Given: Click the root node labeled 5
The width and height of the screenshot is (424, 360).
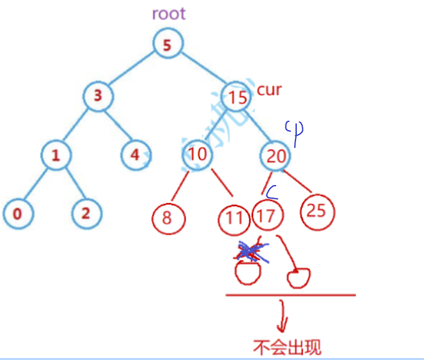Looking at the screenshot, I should point(167,45).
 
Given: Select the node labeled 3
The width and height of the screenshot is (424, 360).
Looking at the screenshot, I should point(98,95).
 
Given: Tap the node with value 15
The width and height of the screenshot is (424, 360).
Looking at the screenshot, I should point(237,97).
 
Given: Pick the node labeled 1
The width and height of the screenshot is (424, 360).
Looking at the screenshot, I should point(56,155).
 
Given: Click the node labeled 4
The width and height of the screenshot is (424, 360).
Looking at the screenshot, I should point(135,155).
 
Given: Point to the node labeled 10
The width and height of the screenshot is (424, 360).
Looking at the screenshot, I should point(197,155).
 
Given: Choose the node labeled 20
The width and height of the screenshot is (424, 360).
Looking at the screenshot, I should point(276,155).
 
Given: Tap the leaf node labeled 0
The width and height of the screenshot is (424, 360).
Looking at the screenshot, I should point(17,213).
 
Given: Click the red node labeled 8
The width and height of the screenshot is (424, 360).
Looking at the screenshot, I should point(167,217).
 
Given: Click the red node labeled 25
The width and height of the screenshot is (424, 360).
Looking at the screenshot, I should point(317,211).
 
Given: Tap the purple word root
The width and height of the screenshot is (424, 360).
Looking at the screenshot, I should point(168,13).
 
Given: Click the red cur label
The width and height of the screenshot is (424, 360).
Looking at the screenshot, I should point(269,90).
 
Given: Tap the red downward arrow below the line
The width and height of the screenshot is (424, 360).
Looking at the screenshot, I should point(284,317).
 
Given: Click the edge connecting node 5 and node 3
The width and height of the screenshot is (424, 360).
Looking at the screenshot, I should point(132,70).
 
